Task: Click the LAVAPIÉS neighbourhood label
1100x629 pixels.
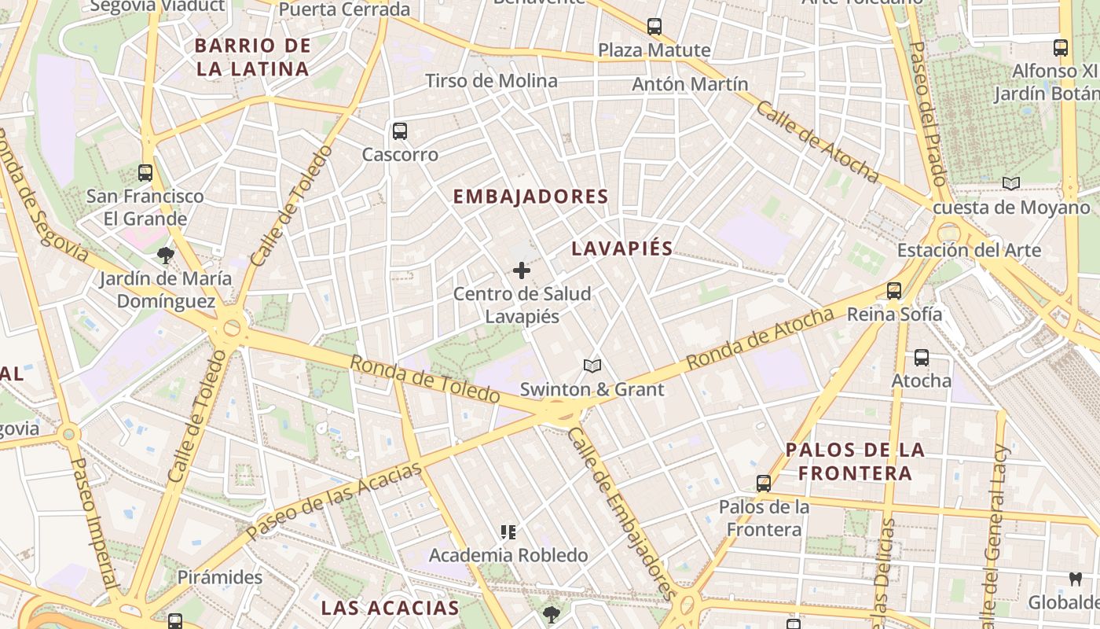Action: pyautogui.click(x=621, y=248)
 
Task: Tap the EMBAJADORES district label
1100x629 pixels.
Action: pyautogui.click(x=531, y=197)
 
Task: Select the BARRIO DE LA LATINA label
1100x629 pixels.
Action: pyautogui.click(x=253, y=57)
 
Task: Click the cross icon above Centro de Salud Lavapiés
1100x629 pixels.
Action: pyautogui.click(x=522, y=270)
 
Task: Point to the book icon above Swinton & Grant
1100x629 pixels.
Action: pyautogui.click(x=592, y=366)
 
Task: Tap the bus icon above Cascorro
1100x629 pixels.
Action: pyautogui.click(x=400, y=131)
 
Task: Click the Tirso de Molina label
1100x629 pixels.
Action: pyautogui.click(x=491, y=80)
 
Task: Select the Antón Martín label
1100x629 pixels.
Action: pyautogui.click(x=690, y=83)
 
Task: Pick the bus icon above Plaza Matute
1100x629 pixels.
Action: pyautogui.click(x=654, y=27)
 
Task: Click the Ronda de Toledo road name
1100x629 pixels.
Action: pyautogui.click(x=424, y=379)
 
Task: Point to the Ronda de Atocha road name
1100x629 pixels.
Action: pyautogui.click(x=759, y=339)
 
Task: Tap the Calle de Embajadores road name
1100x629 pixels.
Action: pyautogui.click(x=621, y=513)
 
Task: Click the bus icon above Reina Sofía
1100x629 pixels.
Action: pyautogui.click(x=894, y=290)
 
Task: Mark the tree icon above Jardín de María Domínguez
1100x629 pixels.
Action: pyautogui.click(x=166, y=255)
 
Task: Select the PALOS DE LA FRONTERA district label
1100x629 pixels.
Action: pyautogui.click(x=855, y=462)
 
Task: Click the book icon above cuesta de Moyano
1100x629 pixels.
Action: pyautogui.click(x=1011, y=184)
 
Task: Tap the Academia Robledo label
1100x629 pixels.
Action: pyautogui.click(x=508, y=555)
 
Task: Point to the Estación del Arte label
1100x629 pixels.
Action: pyautogui.click(x=969, y=250)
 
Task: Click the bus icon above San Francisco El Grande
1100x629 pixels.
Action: pyautogui.click(x=145, y=172)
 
